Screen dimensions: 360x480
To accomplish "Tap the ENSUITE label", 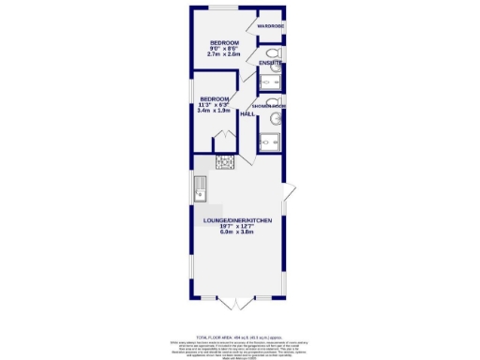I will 271,64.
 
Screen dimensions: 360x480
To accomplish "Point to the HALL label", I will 247,113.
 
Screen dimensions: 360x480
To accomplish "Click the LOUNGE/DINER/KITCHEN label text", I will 238,219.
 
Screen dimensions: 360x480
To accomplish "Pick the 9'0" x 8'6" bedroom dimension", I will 225,50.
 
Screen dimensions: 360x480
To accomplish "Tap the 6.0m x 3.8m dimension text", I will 238,232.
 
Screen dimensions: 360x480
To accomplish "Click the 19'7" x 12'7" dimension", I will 238,226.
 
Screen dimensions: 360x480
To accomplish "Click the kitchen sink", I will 201,194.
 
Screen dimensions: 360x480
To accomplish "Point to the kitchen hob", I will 225,163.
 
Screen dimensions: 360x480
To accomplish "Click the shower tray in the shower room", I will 272,142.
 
